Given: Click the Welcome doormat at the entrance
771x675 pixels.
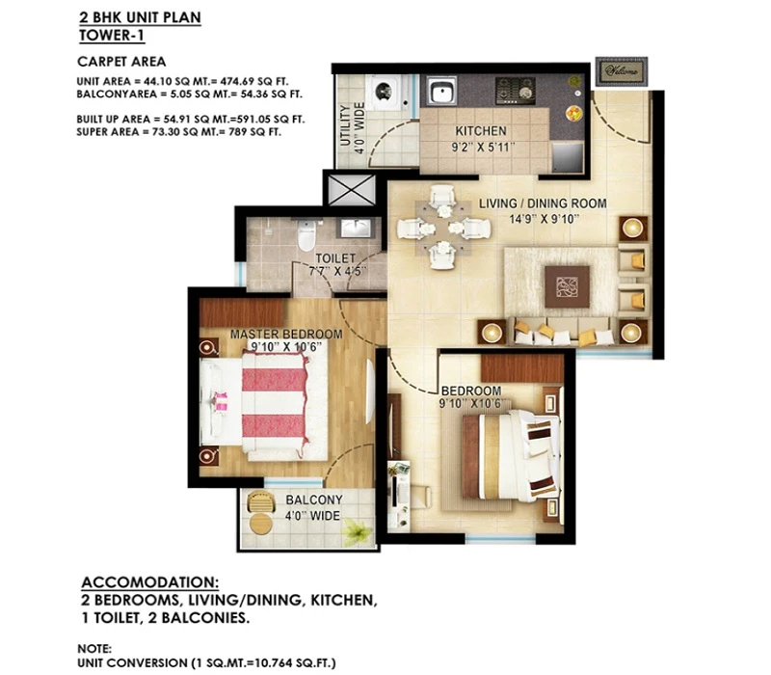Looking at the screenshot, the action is tap(622, 71).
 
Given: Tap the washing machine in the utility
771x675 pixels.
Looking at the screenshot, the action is tap(385, 92).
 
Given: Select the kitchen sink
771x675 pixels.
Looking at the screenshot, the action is tap(440, 91).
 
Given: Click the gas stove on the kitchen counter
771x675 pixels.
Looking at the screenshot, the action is tap(515, 91).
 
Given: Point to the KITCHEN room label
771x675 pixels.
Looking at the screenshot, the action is tap(480, 131).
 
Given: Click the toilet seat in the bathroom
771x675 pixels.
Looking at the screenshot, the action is tap(306, 235).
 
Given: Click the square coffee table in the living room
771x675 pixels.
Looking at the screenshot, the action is tap(567, 286).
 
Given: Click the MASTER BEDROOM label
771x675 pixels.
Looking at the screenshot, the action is tap(286, 334).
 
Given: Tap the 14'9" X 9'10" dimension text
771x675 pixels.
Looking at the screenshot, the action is tap(544, 219).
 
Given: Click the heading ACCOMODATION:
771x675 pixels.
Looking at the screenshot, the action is tap(150, 582).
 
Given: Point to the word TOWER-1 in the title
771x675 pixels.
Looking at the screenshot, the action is tap(112, 36).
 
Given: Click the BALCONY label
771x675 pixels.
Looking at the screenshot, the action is tap(314, 499).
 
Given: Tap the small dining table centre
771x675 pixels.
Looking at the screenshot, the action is tap(444, 228).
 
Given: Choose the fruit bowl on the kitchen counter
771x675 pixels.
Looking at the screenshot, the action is tap(573, 113).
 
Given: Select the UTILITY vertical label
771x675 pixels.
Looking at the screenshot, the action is tap(345, 126).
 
